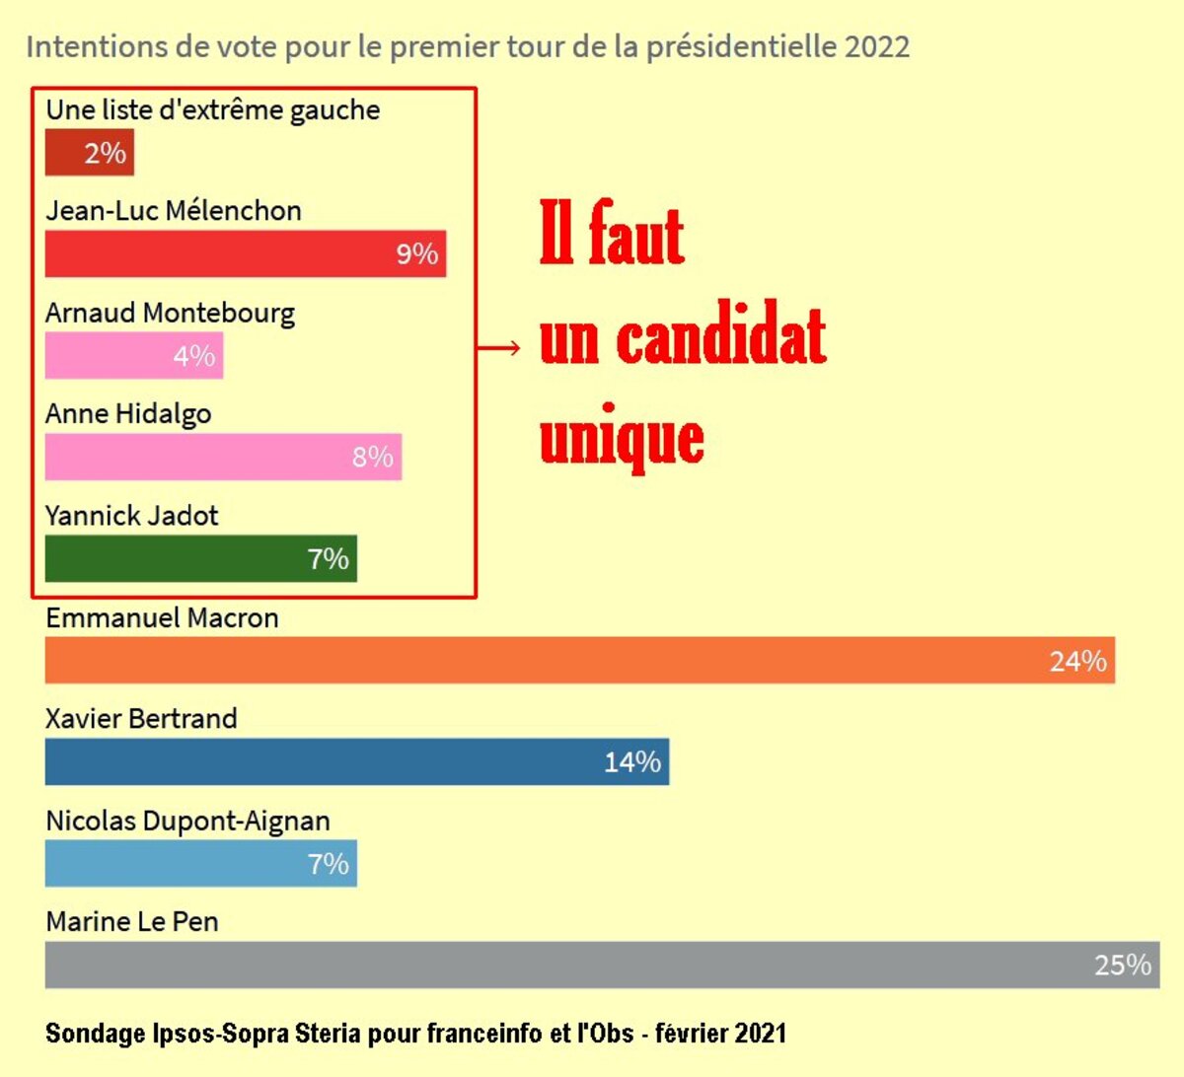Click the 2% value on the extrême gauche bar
pyautogui.click(x=105, y=154)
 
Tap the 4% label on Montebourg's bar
pyautogui.click(x=193, y=356)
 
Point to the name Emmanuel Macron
pyautogui.click(x=162, y=618)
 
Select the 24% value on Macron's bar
pyautogui.click(x=1077, y=661)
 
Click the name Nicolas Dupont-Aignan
pyautogui.click(x=187, y=822)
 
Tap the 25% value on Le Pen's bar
pyautogui.click(x=1122, y=966)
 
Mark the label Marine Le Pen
pyautogui.click(x=132, y=922)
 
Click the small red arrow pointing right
pyautogui.click(x=499, y=347)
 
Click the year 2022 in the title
pyautogui.click(x=877, y=46)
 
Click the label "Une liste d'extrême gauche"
pyautogui.click(x=212, y=109)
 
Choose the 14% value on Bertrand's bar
pyautogui.click(x=631, y=762)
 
